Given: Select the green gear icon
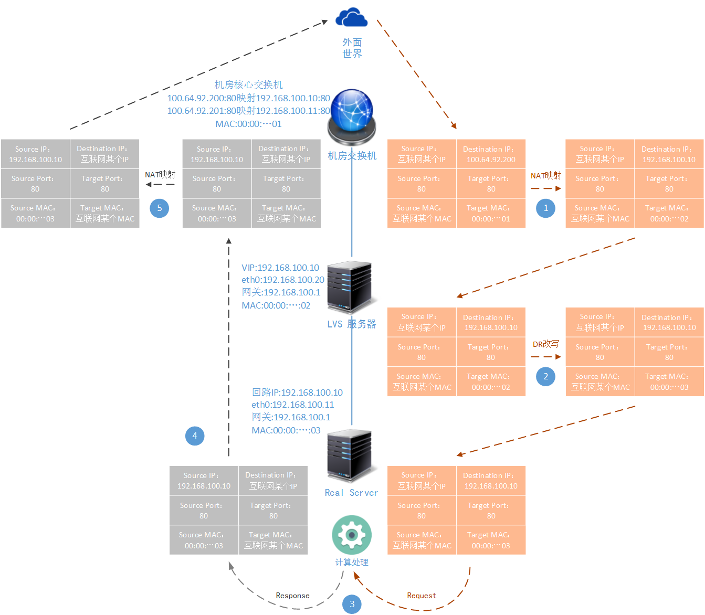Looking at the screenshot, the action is pyautogui.click(x=352, y=534).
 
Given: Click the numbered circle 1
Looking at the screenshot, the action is pyautogui.click(x=545, y=208).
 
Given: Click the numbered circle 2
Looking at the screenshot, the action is pyautogui.click(x=545, y=376).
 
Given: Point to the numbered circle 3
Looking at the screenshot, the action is pyautogui.click(x=352, y=604).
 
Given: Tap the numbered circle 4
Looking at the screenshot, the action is pyautogui.click(x=195, y=436).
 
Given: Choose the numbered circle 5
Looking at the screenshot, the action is pyautogui.click(x=159, y=208).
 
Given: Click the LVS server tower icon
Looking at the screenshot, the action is pyautogui.click(x=349, y=288).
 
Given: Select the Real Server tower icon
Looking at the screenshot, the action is pyautogui.click(x=349, y=455).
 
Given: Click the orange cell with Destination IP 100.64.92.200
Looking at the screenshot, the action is pyautogui.click(x=491, y=154).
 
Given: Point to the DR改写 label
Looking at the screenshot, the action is pyautogui.click(x=545, y=344).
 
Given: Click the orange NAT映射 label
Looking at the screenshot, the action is pyautogui.click(x=545, y=176).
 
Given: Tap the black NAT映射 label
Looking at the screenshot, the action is pyautogui.click(x=160, y=174).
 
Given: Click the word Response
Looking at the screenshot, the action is pyautogui.click(x=292, y=596).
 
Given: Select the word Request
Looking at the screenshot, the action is pyautogui.click(x=422, y=596).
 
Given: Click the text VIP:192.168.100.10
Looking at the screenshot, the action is pyautogui.click(x=280, y=268).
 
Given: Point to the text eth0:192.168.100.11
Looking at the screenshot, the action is pyautogui.click(x=292, y=404).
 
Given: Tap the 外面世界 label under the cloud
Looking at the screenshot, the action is pyautogui.click(x=352, y=48).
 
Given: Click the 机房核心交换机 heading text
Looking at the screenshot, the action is pyautogui.click(x=248, y=84).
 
